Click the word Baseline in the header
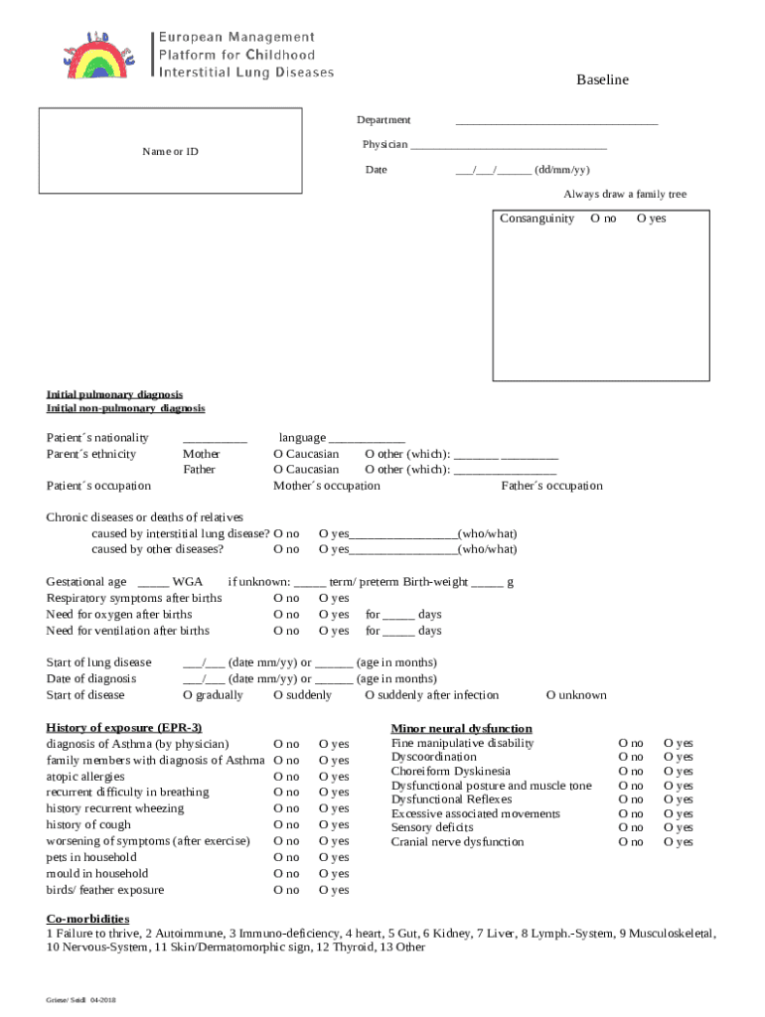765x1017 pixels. pyautogui.click(x=602, y=80)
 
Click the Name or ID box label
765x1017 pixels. pyautogui.click(x=170, y=152)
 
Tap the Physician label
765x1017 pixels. pyautogui.click(x=384, y=145)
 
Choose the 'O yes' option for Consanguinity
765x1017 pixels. pyautogui.click(x=651, y=218)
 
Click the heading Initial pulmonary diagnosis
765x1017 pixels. pyautogui.click(x=114, y=394)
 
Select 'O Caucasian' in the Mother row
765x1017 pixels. pyautogui.click(x=306, y=454)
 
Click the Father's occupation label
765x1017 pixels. pyautogui.click(x=551, y=486)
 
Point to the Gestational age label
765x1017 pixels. pyautogui.click(x=86, y=583)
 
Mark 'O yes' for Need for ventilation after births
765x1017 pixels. pyautogui.click(x=334, y=631)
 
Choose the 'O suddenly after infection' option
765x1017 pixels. pyautogui.click(x=431, y=695)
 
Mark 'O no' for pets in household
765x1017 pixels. pyautogui.click(x=286, y=857)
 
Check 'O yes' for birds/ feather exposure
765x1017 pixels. pyautogui.click(x=334, y=890)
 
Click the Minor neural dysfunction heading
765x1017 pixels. pyautogui.click(x=461, y=729)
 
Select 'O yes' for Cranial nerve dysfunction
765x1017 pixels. pyautogui.click(x=678, y=842)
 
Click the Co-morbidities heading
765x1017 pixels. pyautogui.click(x=87, y=919)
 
